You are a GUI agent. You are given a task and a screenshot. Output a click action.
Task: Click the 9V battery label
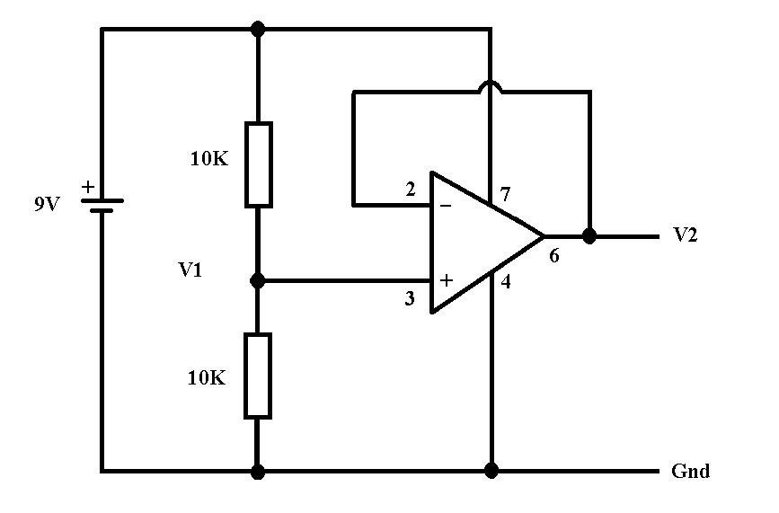click(48, 204)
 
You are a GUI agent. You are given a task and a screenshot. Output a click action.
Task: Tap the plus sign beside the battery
click(88, 187)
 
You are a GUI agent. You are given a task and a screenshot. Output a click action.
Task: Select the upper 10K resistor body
click(259, 164)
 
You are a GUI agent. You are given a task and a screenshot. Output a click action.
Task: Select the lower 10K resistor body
click(257, 376)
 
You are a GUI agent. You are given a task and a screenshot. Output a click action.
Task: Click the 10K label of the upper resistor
click(209, 158)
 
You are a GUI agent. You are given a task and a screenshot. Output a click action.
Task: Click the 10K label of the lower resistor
click(207, 378)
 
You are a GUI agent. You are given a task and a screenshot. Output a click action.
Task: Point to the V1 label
click(190, 270)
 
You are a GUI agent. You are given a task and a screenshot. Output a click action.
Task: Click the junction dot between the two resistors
click(257, 281)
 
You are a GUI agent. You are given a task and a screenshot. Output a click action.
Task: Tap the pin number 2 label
click(411, 190)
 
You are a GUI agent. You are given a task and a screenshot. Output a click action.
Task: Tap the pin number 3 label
click(410, 298)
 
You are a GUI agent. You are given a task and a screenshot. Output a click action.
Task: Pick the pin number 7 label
click(505, 194)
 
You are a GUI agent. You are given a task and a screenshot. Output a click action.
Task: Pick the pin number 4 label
click(506, 281)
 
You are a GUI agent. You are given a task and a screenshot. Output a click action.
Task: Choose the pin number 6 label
click(554, 255)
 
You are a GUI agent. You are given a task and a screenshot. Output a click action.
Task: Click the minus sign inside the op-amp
click(446, 205)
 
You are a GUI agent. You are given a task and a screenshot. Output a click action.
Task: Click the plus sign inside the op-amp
click(447, 280)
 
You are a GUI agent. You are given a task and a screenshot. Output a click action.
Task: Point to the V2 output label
click(685, 234)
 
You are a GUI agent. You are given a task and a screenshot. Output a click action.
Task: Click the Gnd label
click(691, 471)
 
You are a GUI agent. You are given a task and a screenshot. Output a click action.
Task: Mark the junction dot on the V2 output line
click(589, 236)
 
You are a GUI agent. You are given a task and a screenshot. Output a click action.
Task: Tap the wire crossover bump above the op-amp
click(491, 85)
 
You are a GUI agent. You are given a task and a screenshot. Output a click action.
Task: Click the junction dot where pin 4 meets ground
click(491, 470)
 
